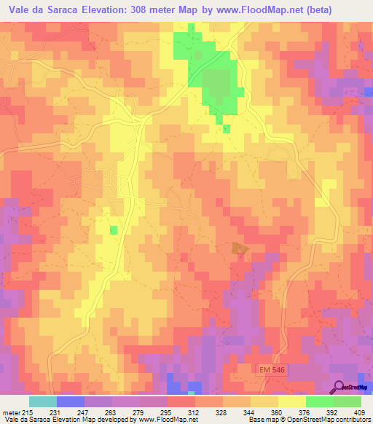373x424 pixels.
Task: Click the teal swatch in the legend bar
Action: pyautogui.click(x=43, y=401)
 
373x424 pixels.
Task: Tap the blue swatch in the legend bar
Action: pyautogui.click(x=71, y=401)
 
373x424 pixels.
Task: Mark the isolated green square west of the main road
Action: pyautogui.click(x=113, y=230)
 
